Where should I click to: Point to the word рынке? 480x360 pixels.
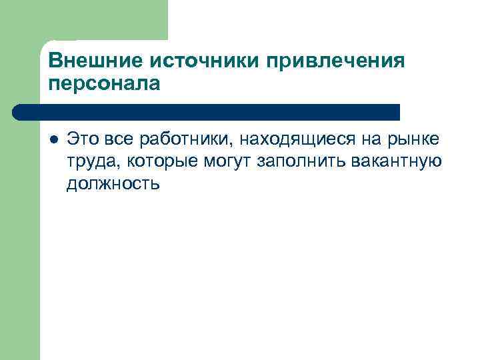(x=413, y=139)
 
